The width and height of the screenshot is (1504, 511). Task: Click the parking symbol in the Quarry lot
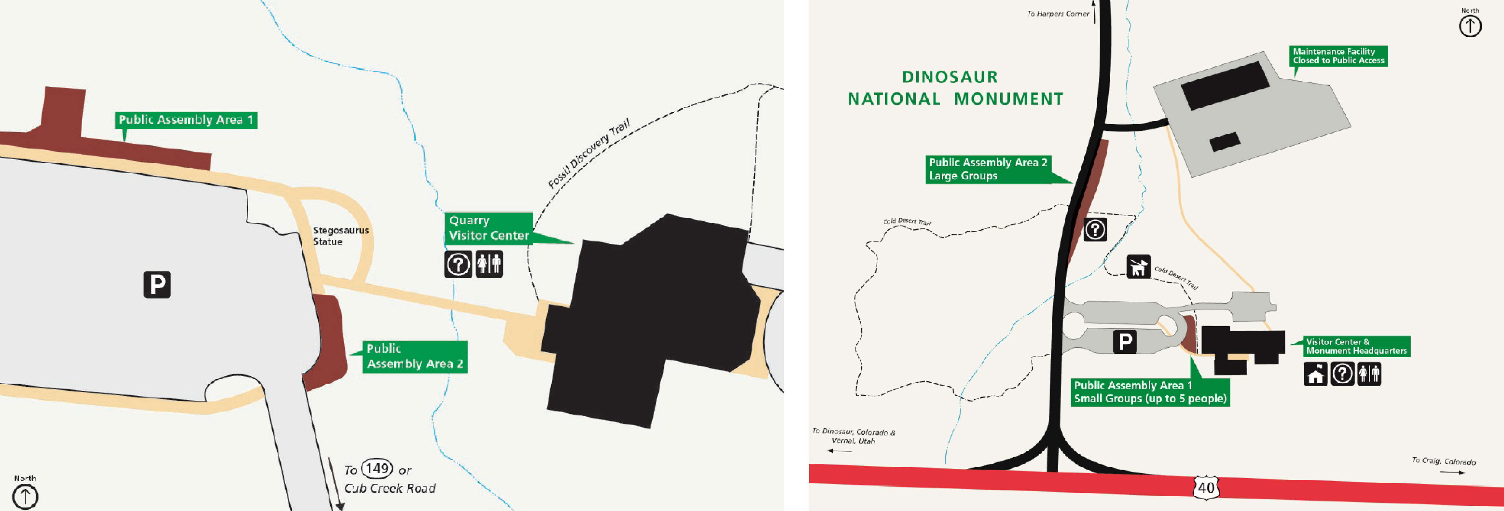point(157,284)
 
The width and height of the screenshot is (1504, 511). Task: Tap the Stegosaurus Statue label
point(340,235)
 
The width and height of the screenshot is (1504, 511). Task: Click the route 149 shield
point(377,468)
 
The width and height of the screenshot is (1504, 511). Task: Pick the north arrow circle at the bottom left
point(25,497)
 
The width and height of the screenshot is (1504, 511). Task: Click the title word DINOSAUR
point(950,77)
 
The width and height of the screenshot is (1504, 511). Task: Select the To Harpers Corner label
point(1058,13)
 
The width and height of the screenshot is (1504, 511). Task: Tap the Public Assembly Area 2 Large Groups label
point(988,169)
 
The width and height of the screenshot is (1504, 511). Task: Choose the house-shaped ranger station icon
point(1316,374)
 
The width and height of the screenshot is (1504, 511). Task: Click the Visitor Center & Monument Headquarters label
point(1356,346)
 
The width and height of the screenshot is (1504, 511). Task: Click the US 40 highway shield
point(1206,487)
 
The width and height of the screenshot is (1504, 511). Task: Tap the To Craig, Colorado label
point(1443,461)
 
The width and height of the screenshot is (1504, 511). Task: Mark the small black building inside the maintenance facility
point(1224,141)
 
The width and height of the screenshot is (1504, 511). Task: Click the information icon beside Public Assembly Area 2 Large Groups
point(1095,230)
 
